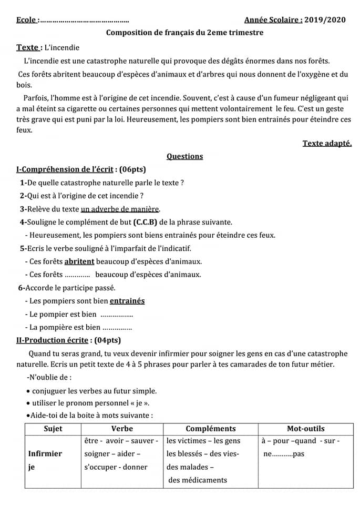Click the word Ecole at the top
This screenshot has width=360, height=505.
click(x=26, y=20)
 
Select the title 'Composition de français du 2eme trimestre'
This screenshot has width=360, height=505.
click(x=185, y=33)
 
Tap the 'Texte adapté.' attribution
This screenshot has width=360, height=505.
click(x=327, y=143)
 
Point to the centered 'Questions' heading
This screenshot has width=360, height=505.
click(x=184, y=156)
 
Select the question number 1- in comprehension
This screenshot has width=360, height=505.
click(x=23, y=183)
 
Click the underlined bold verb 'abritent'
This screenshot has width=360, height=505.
click(x=79, y=261)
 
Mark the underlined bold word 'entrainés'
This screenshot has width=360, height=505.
click(x=127, y=301)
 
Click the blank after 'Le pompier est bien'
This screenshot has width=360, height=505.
click(x=116, y=315)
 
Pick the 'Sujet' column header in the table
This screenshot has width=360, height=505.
click(x=53, y=429)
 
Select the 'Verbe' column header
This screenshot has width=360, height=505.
click(x=122, y=429)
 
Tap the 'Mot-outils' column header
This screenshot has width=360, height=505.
click(x=305, y=429)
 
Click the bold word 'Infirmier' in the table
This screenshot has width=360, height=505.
click(x=45, y=453)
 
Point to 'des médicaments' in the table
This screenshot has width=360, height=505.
click(x=198, y=480)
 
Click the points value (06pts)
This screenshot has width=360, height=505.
click(x=132, y=169)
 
